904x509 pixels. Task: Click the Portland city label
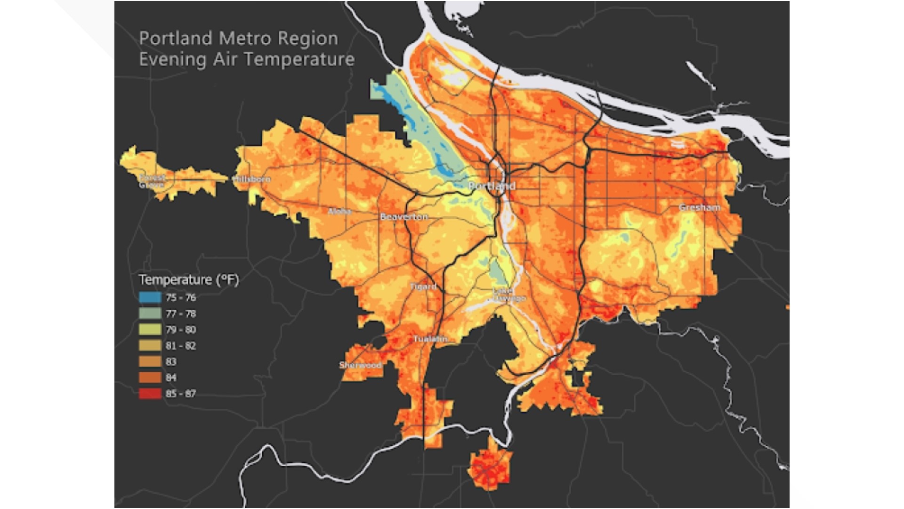[x=492, y=186]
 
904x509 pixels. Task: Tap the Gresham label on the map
[x=699, y=207]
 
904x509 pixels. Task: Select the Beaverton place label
[x=404, y=217]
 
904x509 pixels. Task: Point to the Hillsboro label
[x=252, y=179]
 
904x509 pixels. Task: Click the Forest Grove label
[x=152, y=181]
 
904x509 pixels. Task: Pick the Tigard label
[x=423, y=286]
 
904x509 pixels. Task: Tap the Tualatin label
[x=430, y=339]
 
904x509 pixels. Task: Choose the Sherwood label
[x=360, y=365]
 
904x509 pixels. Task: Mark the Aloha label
[x=339, y=211]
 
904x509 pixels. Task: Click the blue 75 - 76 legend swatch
[x=150, y=297]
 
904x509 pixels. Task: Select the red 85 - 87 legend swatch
[x=150, y=394]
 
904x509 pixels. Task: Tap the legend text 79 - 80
[x=181, y=329]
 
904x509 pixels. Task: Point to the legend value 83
[x=171, y=361]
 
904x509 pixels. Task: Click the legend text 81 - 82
[x=181, y=345]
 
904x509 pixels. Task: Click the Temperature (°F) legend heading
[x=189, y=280]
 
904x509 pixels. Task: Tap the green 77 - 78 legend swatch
[x=150, y=313]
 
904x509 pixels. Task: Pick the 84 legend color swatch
[x=150, y=378]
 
